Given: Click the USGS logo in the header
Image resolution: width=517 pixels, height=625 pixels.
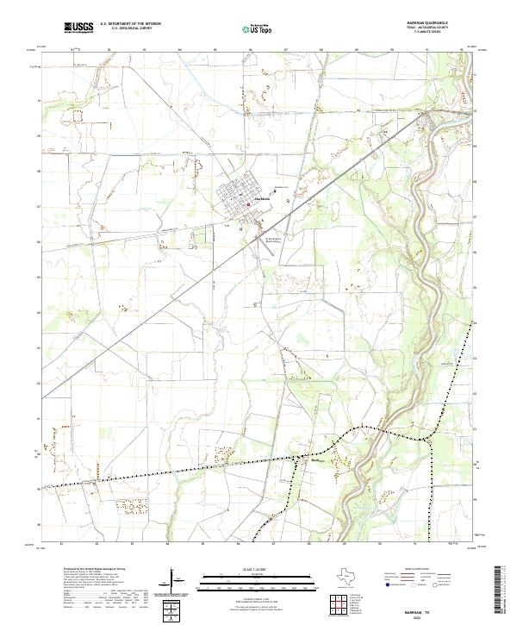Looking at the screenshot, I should [x=78, y=28].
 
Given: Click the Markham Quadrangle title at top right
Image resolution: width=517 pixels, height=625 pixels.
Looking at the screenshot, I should [x=449, y=22].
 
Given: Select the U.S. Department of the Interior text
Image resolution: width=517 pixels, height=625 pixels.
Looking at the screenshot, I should [x=130, y=24].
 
